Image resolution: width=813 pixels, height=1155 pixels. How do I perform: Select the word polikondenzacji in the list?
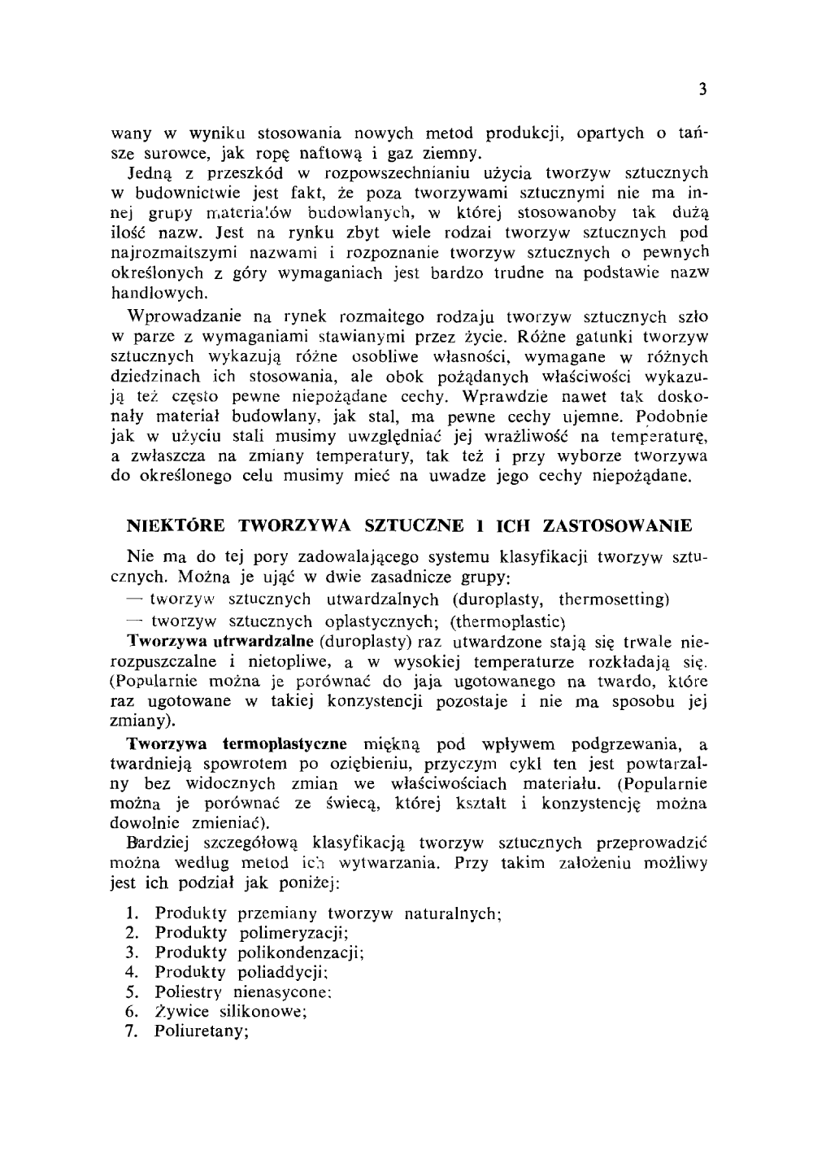[x=300, y=952]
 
